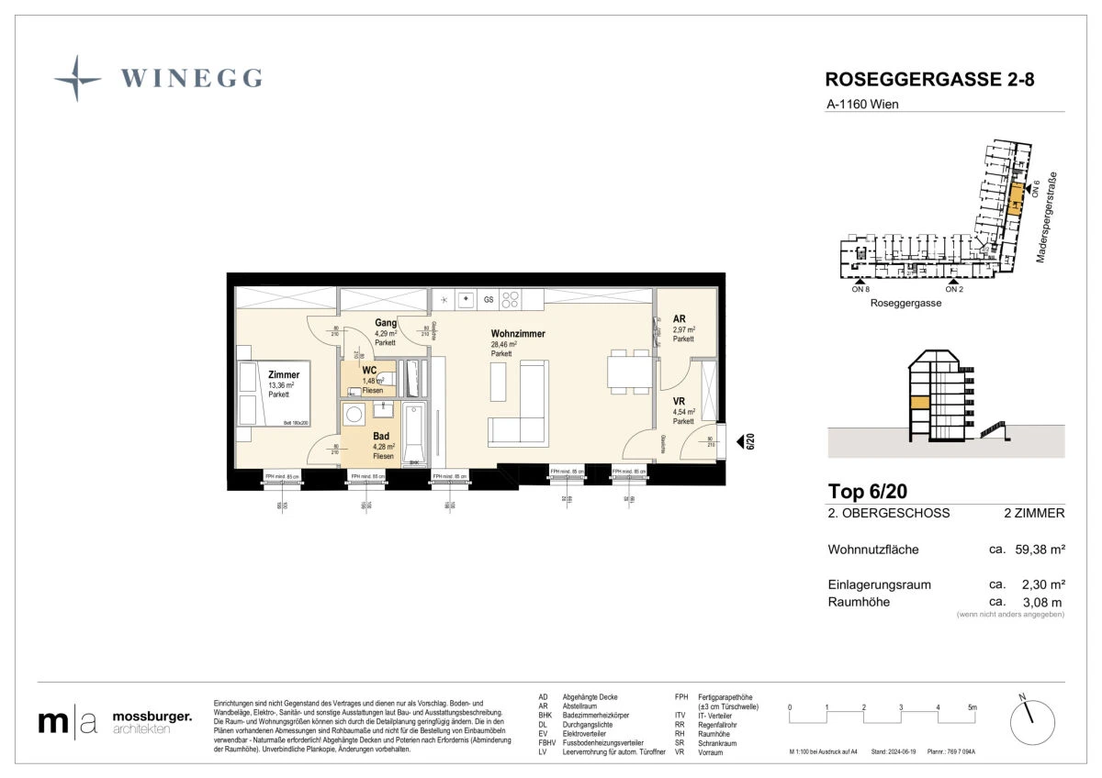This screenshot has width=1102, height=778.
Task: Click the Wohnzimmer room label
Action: [517, 334]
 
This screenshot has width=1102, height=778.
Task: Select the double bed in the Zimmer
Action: [261, 394]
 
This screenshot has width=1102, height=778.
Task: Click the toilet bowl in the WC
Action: [386, 378]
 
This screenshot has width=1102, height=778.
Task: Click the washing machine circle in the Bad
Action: [354, 416]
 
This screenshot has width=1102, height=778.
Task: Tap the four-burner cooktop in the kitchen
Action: [510, 298]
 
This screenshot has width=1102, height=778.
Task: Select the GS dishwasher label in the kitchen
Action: [489, 299]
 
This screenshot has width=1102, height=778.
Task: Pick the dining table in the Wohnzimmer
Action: [627, 371]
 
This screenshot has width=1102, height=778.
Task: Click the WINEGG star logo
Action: [77, 77]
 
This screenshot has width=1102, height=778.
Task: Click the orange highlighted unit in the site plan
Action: [1015, 198]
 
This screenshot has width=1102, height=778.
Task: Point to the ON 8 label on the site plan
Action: [860, 289]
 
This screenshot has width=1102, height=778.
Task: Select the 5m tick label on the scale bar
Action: [973, 707]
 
